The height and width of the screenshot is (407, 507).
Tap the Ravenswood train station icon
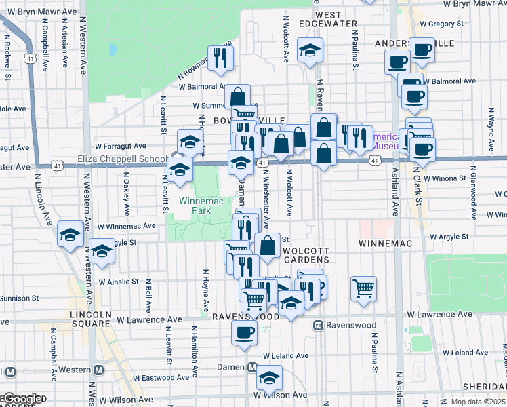(317, 326)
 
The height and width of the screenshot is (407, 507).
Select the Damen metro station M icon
(252, 368)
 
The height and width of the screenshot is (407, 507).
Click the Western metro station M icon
(98, 370)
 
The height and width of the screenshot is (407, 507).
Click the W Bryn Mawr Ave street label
(474, 4)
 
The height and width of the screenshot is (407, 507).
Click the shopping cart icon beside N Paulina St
(364, 288)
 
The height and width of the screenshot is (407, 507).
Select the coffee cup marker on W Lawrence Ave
(244, 332)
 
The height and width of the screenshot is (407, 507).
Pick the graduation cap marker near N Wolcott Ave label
(310, 50)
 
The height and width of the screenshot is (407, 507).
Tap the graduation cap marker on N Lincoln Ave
(70, 235)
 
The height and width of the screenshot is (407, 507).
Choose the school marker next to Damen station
(269, 378)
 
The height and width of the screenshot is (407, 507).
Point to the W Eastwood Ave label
(161, 378)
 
